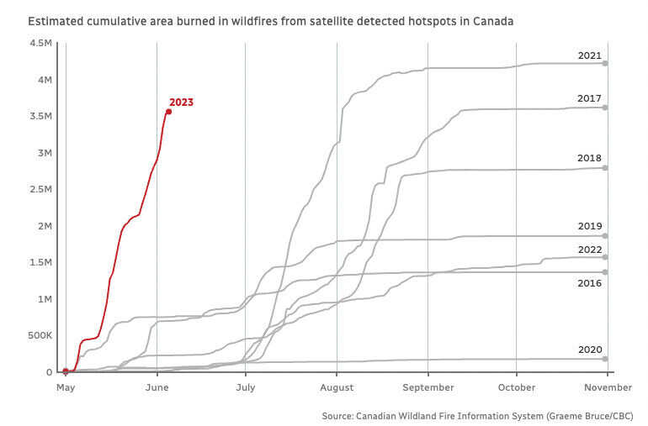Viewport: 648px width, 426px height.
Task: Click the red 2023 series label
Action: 181,103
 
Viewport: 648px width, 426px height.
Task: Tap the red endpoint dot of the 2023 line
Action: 168,111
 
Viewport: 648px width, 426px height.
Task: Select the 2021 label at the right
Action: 589,56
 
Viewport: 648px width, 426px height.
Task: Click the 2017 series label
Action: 589,99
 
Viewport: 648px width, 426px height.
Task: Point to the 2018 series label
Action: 589,158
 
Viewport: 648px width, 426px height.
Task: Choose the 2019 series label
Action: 589,226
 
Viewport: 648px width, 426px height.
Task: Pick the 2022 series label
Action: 589,250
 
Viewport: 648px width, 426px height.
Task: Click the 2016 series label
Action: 589,284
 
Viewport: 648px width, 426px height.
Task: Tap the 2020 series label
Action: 589,350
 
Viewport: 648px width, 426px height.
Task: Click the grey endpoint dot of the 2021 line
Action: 605,63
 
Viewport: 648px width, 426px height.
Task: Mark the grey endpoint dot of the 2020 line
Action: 605,359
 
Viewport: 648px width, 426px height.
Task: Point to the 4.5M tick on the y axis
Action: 40,43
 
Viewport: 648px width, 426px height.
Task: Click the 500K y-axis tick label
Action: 39,336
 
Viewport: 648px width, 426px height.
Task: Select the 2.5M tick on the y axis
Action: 40,190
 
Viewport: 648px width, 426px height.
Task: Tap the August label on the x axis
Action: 337,387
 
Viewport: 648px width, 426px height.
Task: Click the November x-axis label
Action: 607,387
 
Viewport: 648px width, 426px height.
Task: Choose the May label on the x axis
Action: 66,387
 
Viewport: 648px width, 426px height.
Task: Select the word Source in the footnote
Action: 338,416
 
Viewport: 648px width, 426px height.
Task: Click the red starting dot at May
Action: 66,371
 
